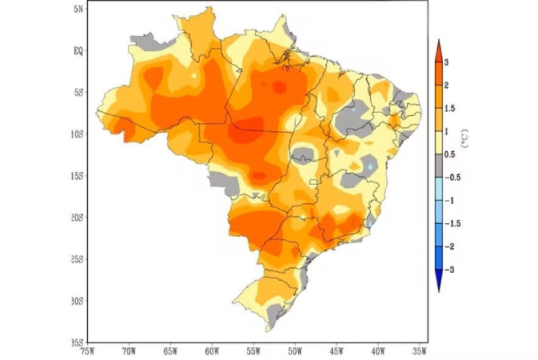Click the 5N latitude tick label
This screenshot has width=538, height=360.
[78, 8]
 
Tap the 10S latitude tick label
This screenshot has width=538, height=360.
[77, 134]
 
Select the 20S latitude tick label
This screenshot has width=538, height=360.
[77, 217]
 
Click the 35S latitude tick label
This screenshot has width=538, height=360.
[77, 342]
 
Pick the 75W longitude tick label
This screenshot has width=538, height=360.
[88, 350]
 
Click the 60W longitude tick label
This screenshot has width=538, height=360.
[212, 350]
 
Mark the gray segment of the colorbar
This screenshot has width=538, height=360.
[439, 166]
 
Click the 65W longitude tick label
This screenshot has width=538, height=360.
[170, 350]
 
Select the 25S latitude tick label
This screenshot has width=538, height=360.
[77, 258]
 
